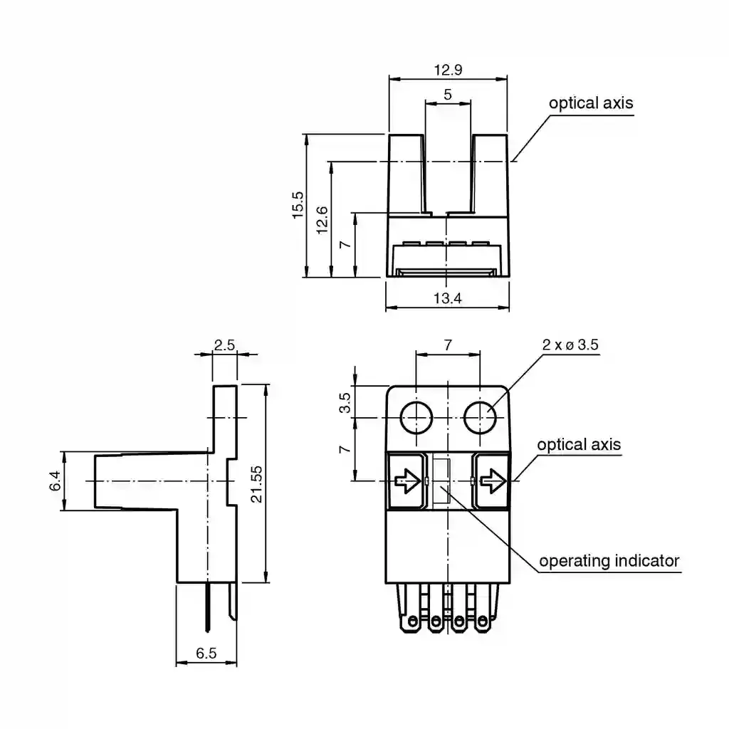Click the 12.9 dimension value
point(448,70)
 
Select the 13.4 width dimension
point(447,298)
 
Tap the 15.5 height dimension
point(298,205)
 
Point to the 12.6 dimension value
point(322,220)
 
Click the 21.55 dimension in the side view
point(256,484)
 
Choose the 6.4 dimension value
point(55,481)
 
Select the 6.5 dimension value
point(206,654)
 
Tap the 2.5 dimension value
point(224,345)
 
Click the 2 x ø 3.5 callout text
point(570,345)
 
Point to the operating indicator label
point(609,561)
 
